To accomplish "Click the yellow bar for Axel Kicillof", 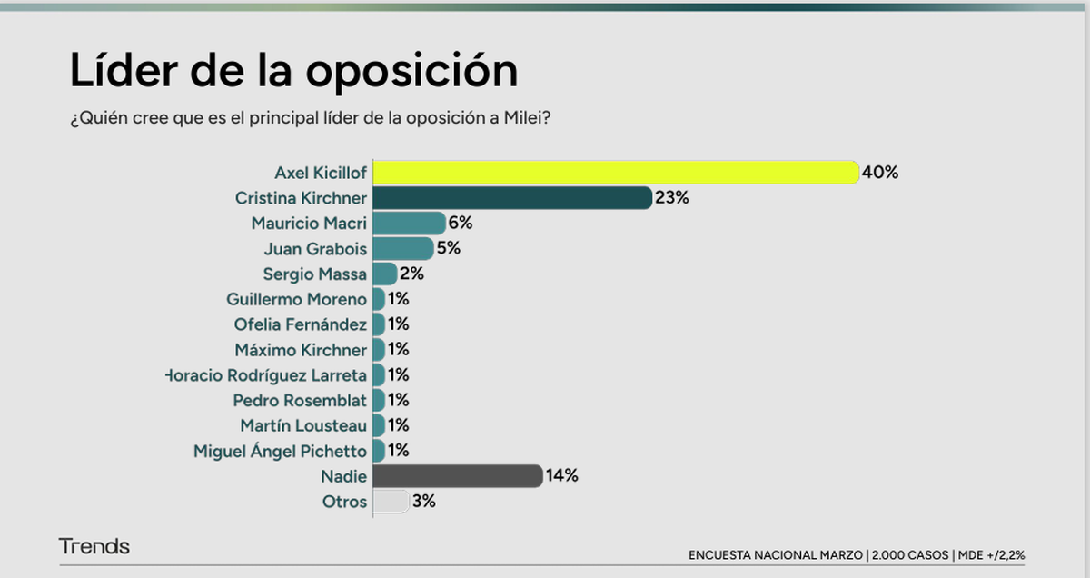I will tap(615, 172).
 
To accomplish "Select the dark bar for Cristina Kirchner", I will tap(511, 197).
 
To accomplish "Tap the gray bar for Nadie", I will tap(457, 475).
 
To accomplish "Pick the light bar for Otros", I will tap(391, 501).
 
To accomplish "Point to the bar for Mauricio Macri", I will tap(409, 223).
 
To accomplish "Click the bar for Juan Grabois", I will tap(402, 248).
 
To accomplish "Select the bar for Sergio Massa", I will tap(384, 274).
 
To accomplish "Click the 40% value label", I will tap(880, 172).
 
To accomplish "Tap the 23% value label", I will tap(672, 197).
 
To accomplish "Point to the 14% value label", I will tap(561, 475).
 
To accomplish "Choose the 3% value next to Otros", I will tap(423, 501).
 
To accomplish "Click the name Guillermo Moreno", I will tap(297, 299).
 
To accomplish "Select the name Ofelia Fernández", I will tap(300, 324).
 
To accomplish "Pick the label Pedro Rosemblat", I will tap(300, 400).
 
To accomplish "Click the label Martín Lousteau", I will tap(303, 425).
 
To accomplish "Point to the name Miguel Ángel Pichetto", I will tap(280, 451).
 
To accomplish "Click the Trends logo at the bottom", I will tap(94, 546).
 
